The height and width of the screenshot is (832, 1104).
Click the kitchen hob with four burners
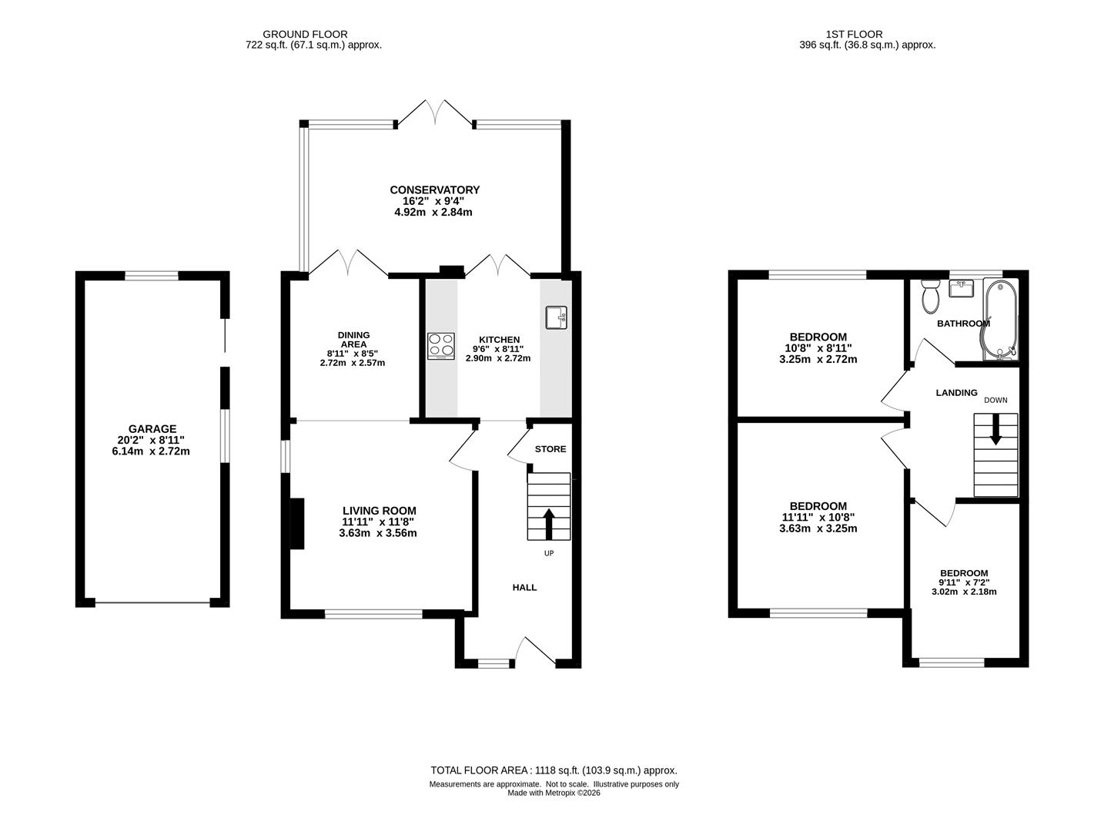(440, 346)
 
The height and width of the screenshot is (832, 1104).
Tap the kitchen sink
(556, 317)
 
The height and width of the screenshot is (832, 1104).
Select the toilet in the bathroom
(930, 296)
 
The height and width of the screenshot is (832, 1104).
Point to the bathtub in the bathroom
(1000, 320)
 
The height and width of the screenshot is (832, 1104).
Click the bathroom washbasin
(961, 288)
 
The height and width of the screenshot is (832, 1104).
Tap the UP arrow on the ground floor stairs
(548, 524)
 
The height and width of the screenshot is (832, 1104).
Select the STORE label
(550, 449)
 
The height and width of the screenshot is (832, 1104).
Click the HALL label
(524, 587)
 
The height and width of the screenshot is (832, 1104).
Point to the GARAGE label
(152, 429)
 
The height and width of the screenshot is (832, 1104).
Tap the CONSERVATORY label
(434, 190)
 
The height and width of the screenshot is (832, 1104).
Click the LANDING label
(956, 393)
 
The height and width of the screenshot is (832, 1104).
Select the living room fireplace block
(297, 523)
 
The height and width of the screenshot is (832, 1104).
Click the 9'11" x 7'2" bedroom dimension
(964, 582)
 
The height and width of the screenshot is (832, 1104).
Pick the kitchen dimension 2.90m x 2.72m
(498, 358)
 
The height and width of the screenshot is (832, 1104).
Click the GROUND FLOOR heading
(306, 34)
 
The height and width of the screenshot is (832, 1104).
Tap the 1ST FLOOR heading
(854, 34)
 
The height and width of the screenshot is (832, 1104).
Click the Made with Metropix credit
(554, 793)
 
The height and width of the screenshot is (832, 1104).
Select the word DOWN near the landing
(995, 400)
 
